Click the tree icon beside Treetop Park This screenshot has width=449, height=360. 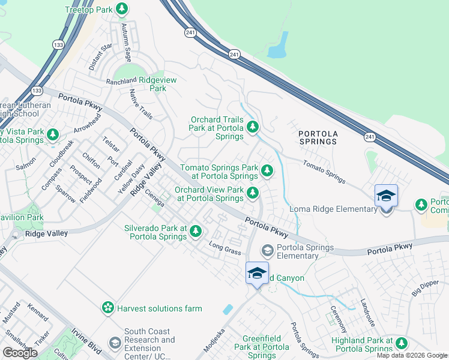pos(122,9)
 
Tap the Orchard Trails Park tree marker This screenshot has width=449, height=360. pos(253,127)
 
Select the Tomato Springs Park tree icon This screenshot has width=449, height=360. pos(267,172)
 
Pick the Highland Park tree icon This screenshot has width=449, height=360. pos(401,343)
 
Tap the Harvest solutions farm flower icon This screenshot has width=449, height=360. pos(108,308)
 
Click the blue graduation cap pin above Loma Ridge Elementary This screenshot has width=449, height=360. pos(386,196)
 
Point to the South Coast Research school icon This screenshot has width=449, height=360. pos(115,343)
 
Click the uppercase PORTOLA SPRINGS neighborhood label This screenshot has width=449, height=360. pos(318,137)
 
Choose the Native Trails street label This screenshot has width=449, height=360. pos(140,104)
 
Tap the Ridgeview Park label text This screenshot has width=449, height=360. pos(152,84)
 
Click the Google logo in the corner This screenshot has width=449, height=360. pos(21,353)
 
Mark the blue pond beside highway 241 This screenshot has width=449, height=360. pos(278,46)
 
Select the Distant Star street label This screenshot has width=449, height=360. pos(100,57)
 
